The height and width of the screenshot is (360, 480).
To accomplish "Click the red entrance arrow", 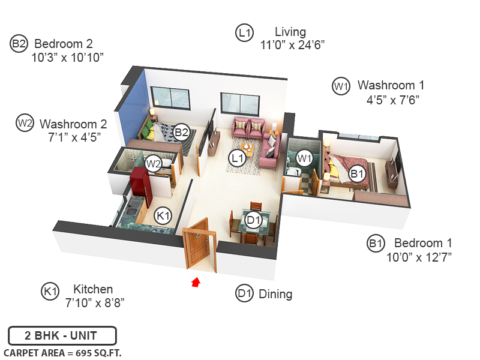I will pos(195,282).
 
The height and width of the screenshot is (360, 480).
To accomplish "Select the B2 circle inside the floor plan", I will pos(182,131).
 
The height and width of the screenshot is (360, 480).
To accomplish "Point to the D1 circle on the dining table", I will pos(254,220).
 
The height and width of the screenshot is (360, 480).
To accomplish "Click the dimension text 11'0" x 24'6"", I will pos(293,45).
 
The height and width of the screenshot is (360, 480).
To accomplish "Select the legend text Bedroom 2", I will pos(64,44).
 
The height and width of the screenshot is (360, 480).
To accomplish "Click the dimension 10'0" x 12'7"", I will pos(419,257).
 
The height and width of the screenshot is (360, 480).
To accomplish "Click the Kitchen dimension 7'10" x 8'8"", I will pos(95,302).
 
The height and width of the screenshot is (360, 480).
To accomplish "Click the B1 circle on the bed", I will pos(358,174).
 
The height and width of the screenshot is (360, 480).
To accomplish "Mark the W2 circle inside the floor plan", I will pos(154,163).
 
